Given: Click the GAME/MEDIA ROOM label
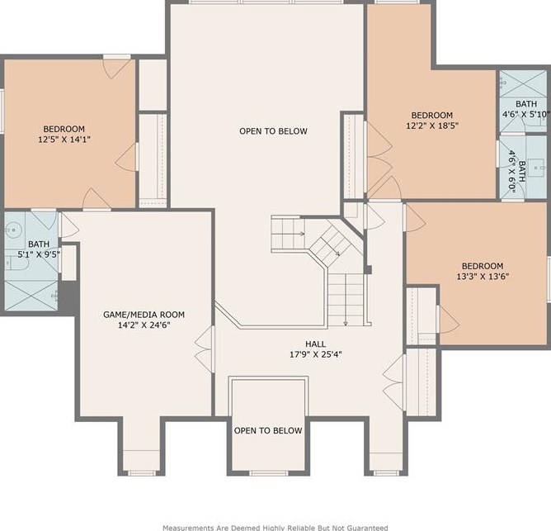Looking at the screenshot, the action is click(144, 315).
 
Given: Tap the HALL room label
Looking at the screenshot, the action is click(315, 344).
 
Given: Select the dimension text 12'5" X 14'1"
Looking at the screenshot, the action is click(64, 140).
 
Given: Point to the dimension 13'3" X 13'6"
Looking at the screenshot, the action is click(483, 276).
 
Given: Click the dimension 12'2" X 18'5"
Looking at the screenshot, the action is click(432, 126).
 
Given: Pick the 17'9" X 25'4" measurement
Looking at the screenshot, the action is click(316, 354).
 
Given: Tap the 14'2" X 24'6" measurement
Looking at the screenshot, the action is click(144, 325).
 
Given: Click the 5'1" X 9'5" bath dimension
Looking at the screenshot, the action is click(39, 254).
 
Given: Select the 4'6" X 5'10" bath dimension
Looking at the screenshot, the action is click(526, 114).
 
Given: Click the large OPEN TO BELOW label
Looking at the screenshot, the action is click(273, 131).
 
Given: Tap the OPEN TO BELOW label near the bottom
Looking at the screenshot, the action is click(268, 430).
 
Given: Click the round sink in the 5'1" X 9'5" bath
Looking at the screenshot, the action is click(13, 230).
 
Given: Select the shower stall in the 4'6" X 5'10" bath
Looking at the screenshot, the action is click(523, 83).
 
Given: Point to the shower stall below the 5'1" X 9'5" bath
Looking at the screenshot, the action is click(31, 296).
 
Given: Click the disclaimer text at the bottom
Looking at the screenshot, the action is click(275, 528).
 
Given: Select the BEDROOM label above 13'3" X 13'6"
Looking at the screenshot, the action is click(483, 266).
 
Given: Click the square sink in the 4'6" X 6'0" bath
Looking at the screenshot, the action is click(537, 168).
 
